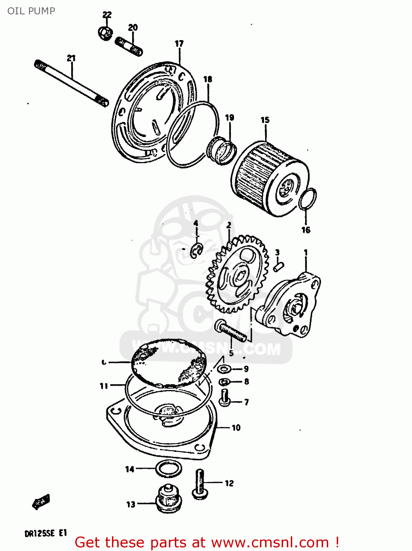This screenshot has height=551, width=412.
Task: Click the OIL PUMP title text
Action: (x=31, y=11)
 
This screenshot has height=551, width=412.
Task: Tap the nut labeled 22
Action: (x=105, y=33)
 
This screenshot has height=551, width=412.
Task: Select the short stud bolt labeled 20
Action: (x=129, y=47)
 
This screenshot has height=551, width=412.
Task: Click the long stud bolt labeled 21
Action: (x=72, y=84)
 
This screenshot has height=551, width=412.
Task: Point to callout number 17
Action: (x=179, y=44)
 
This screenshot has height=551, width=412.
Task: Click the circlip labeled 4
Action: (x=196, y=251)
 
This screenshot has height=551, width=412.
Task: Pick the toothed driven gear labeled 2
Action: (x=235, y=274)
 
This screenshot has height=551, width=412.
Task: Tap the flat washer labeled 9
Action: (x=223, y=369)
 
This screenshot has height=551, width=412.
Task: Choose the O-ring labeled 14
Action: (x=169, y=469)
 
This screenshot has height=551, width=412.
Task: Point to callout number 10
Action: (x=236, y=428)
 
